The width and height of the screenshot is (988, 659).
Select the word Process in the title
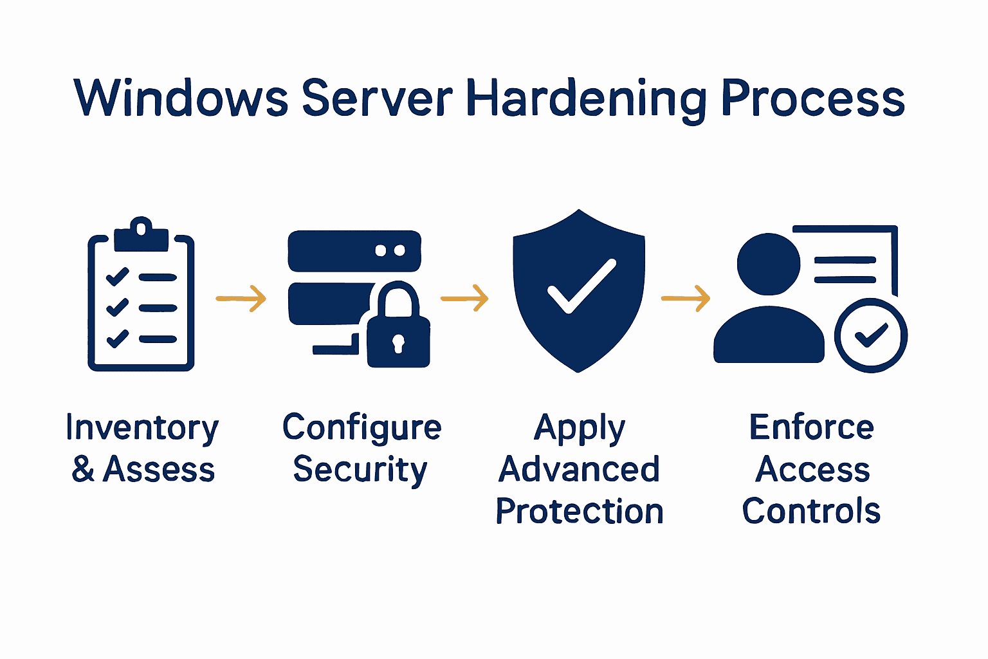pos(813,98)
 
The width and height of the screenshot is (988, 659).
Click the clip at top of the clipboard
pos(141,236)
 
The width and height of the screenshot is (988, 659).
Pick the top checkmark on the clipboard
pos(117,276)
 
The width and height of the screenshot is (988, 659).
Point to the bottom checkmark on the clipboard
pos(117,338)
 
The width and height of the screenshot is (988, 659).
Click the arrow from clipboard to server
pos(241,299)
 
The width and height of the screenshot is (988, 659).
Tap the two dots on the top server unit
pos(390,250)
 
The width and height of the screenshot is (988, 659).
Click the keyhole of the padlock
pos(398,342)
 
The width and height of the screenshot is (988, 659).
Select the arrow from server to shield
pos(464,299)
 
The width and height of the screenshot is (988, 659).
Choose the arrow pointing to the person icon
pos(686,299)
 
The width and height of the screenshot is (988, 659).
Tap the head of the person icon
pos(768,264)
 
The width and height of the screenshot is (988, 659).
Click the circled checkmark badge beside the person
pos(870,335)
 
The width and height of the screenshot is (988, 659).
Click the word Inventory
pos(142,429)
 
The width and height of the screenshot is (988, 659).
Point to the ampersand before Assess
pos(83,469)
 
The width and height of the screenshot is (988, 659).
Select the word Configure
pos(361,429)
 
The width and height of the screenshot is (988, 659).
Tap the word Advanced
pos(579,470)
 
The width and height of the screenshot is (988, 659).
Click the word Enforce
pos(811,427)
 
